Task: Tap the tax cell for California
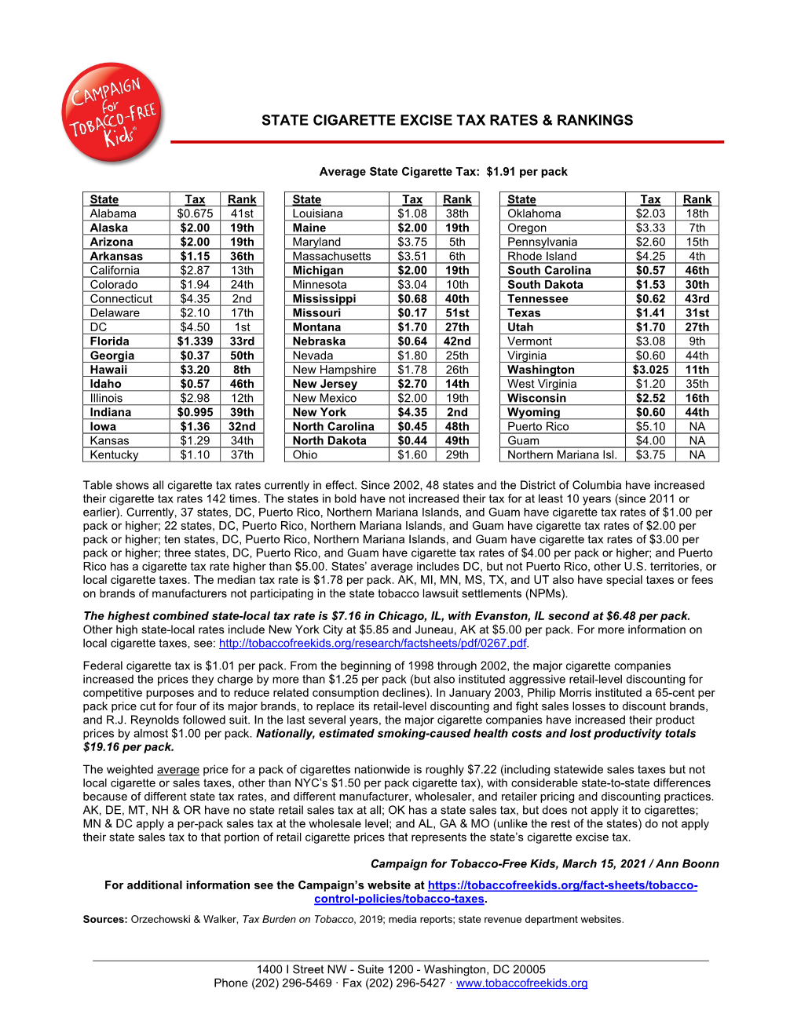[x=195, y=271]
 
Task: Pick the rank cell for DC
[x=242, y=327]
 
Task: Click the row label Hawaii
[x=108, y=370]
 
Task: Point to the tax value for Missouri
[x=412, y=313]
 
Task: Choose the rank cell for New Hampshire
[x=457, y=370]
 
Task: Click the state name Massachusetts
[x=331, y=257]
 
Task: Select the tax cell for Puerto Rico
[x=650, y=426]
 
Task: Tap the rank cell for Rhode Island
[x=697, y=257]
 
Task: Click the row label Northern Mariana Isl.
[x=561, y=454]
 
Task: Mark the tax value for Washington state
[x=650, y=370]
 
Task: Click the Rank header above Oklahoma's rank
[x=697, y=200]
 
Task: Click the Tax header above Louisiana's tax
[x=412, y=200]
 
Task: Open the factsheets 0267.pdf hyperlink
[x=372, y=644]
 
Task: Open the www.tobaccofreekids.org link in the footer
[x=521, y=983]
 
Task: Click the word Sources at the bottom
[x=104, y=920]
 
